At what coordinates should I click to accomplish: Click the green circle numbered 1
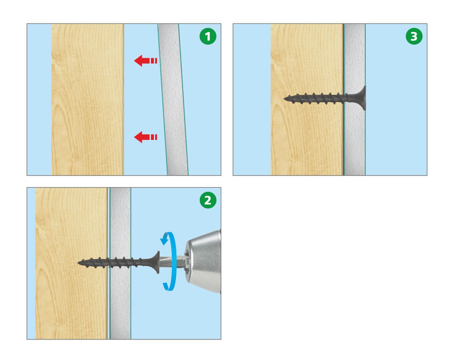[x=208, y=36]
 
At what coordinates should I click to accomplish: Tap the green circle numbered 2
[x=208, y=200]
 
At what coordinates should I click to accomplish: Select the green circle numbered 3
[x=414, y=36]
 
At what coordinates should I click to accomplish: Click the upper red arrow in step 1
[x=146, y=61]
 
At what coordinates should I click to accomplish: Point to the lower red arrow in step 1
[x=146, y=137]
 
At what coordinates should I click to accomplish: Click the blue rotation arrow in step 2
[x=171, y=261]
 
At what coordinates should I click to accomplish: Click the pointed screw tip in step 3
[x=284, y=98]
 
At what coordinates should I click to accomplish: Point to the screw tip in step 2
[x=78, y=263]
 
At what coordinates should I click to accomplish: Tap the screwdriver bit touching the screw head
[x=169, y=262]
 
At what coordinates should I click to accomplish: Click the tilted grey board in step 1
[x=173, y=99]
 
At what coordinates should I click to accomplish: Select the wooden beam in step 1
[x=87, y=99]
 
